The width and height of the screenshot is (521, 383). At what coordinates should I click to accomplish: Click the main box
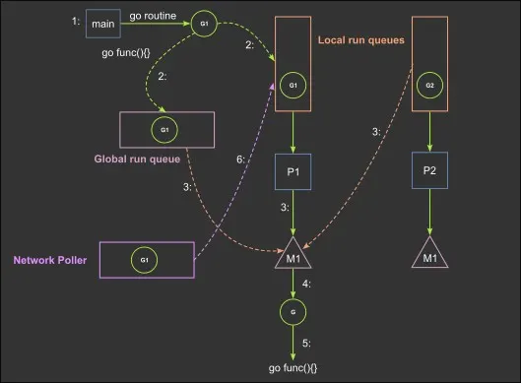click(x=101, y=23)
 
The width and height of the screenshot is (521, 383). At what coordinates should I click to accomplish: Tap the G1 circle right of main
click(x=206, y=23)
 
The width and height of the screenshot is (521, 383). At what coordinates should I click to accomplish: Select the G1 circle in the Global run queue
click(x=165, y=129)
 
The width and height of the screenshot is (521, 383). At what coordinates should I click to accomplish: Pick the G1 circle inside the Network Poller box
click(x=143, y=259)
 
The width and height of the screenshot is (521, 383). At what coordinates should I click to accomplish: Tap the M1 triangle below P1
click(x=293, y=256)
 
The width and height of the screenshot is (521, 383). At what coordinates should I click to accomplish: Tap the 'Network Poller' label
click(x=50, y=260)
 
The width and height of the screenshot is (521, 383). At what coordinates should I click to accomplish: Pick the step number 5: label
click(x=307, y=343)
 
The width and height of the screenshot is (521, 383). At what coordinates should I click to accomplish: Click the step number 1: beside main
click(x=76, y=21)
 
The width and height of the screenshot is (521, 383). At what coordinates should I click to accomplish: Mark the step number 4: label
click(x=307, y=285)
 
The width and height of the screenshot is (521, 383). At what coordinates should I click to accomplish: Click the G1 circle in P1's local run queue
click(x=293, y=87)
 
